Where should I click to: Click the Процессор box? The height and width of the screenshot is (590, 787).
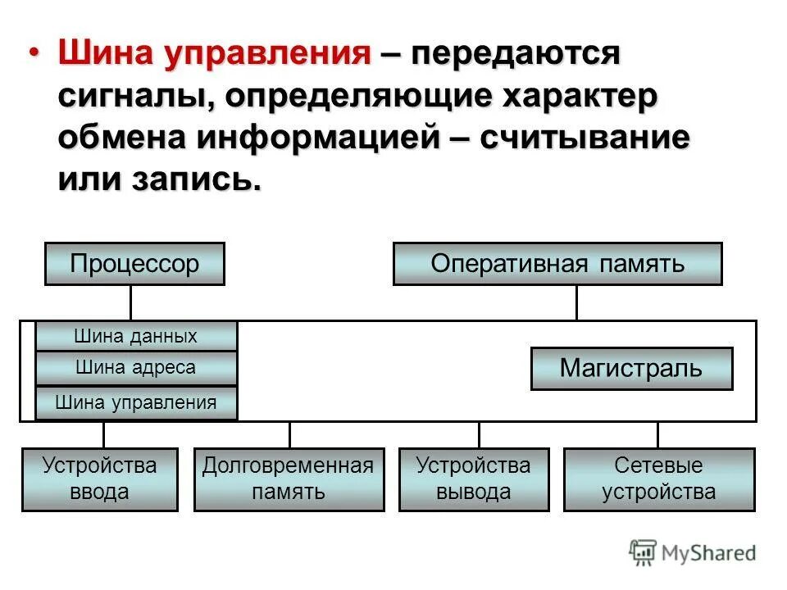[x=134, y=264]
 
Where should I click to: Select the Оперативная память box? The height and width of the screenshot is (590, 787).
[x=557, y=264]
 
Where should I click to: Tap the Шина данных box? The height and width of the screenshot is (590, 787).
[x=136, y=336]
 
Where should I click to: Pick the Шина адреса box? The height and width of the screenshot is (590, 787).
[x=136, y=368]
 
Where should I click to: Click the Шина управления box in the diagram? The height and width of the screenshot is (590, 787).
[x=136, y=402]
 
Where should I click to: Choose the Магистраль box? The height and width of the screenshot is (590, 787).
[x=631, y=368]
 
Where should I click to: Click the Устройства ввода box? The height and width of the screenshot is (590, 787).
[x=99, y=479]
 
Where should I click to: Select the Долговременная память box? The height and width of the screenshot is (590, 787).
[x=289, y=479]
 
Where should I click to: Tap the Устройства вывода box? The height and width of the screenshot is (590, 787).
[x=474, y=479]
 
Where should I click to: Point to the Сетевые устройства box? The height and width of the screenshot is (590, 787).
[x=659, y=479]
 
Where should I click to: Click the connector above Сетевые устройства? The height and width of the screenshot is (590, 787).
[x=657, y=434]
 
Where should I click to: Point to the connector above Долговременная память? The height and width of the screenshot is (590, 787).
[x=289, y=434]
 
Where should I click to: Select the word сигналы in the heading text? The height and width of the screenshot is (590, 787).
[x=132, y=97]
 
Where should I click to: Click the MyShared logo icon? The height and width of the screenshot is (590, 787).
[x=643, y=552]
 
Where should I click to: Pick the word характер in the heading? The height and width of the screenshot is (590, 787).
[x=571, y=97]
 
